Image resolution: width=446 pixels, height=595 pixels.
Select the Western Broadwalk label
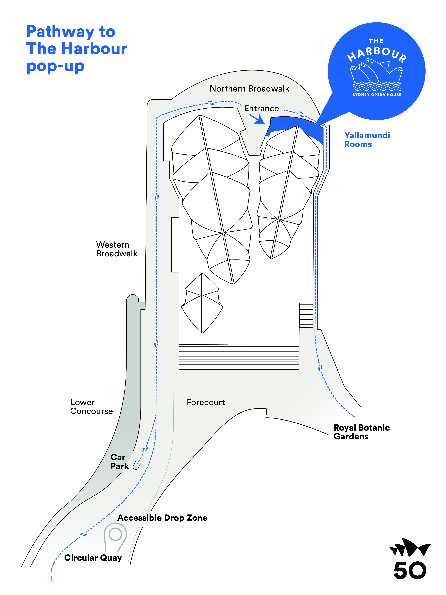click(117, 249)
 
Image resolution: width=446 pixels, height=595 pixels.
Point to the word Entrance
click(261, 108)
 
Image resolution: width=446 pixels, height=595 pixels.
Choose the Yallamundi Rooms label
click(367, 140)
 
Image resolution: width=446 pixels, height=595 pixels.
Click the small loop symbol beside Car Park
click(137, 466)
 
